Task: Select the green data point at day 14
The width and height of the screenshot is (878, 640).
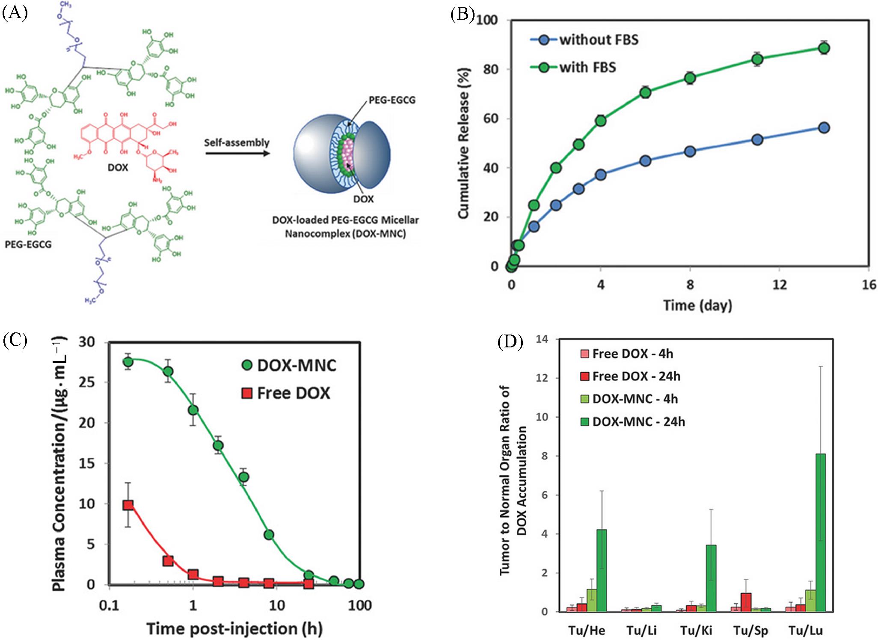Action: [824, 48]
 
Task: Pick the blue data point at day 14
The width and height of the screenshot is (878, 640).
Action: [824, 127]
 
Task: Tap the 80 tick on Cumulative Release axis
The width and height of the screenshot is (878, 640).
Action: [491, 69]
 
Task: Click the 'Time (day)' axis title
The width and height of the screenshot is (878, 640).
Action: [697, 305]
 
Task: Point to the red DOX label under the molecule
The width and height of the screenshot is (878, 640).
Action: [118, 167]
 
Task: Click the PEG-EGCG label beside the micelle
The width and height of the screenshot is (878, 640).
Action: [392, 100]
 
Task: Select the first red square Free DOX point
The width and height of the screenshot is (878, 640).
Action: [128, 505]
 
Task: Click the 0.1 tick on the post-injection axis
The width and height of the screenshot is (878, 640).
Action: [109, 605]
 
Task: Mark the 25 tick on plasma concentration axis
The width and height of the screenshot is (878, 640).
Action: [87, 382]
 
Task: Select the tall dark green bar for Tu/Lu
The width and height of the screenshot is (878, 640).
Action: [820, 532]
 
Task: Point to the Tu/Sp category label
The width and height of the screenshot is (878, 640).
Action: [751, 630]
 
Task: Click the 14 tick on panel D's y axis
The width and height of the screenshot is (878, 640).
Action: [542, 339]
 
